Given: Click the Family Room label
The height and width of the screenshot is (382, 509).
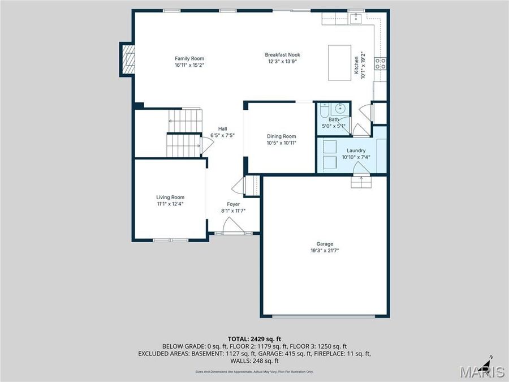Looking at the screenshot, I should tap(189, 58).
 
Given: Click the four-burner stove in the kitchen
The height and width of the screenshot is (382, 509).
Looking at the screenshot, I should tap(380, 63).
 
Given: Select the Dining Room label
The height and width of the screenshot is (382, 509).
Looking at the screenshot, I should tap(281, 136).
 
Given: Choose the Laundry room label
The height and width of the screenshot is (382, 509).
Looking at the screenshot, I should tap(356, 151).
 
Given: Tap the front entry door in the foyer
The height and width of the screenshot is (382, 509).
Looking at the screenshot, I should tap(233, 227).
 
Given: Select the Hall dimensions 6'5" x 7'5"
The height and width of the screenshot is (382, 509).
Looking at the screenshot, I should tap(222, 136).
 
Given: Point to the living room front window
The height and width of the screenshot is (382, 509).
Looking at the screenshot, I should tap(171, 240).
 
